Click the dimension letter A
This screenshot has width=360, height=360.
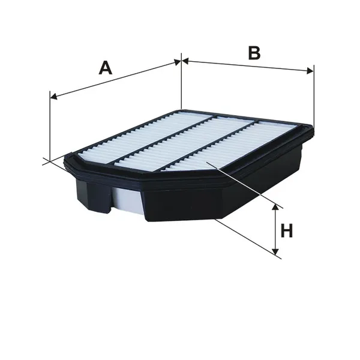106,68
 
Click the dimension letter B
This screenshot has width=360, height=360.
254,53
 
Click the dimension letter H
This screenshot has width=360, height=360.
287,230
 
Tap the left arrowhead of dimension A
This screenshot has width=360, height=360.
53,97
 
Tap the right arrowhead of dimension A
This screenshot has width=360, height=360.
178,62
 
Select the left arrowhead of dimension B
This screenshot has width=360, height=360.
185,61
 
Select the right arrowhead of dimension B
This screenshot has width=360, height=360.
310,71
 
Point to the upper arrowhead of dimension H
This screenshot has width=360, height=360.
275,207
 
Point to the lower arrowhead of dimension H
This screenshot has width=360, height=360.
275,252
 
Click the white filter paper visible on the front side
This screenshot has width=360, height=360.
127,200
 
